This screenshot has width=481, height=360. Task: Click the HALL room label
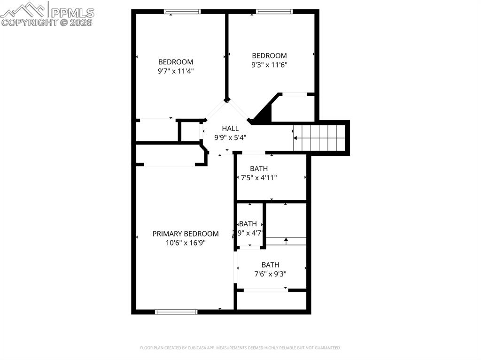230,128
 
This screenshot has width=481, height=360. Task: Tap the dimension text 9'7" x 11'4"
176,71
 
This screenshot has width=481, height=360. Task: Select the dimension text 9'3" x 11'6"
269,65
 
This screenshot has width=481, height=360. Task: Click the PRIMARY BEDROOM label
186,234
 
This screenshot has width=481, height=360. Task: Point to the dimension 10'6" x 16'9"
186,243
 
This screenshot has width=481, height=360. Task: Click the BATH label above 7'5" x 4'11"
259,169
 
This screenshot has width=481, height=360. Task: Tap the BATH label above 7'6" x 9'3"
270,265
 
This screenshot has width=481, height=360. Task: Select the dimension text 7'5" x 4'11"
259,178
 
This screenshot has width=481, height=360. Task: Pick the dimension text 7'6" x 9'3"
270,274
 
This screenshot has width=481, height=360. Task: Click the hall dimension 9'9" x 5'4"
230,138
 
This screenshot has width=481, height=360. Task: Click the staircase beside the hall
319,138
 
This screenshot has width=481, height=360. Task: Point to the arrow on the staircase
295,138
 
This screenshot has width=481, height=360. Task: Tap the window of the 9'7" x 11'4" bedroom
182,12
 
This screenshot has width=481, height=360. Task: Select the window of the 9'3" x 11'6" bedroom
274,12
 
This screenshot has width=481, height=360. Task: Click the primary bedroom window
176,311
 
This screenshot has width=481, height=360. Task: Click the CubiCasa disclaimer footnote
240,348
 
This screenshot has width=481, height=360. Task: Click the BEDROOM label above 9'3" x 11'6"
269,56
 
